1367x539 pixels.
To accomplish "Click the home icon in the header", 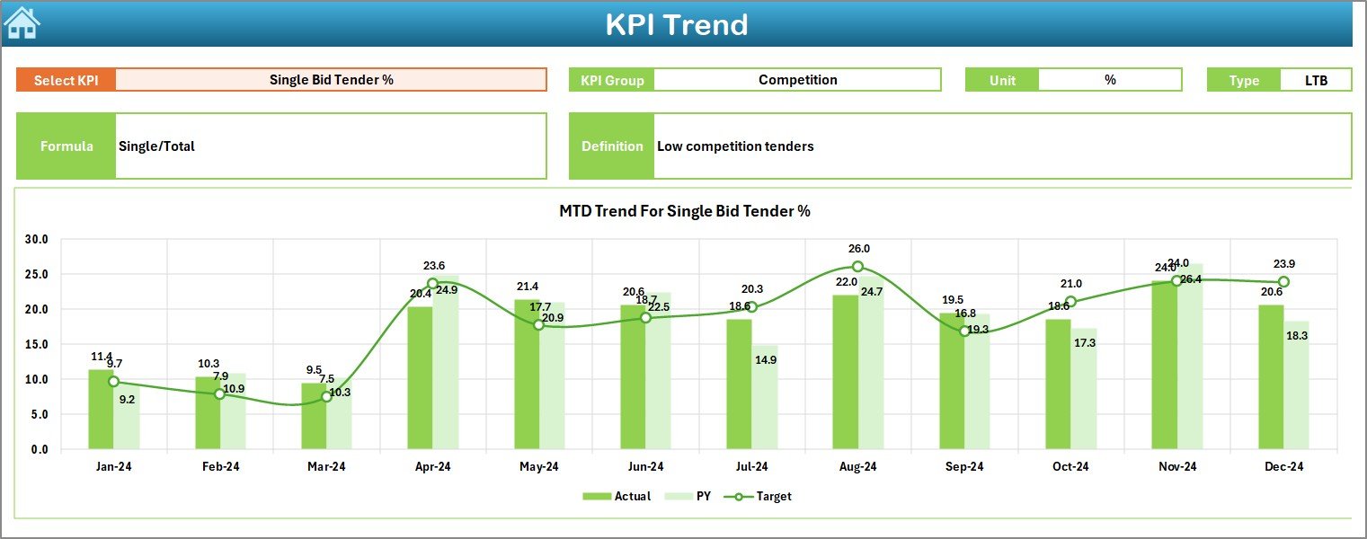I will [22, 22].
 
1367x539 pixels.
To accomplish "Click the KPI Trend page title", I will [676, 24].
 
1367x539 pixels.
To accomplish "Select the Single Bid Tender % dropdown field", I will [331, 80].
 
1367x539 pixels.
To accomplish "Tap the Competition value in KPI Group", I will [797, 80].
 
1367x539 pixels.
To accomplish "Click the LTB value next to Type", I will [1316, 80].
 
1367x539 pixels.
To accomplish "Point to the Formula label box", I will [67, 146].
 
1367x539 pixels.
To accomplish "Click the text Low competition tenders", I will [735, 146].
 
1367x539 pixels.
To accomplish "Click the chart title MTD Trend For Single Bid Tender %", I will [685, 211].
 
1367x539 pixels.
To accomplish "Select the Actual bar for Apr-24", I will [420, 377].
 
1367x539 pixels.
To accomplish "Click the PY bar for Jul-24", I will [765, 397].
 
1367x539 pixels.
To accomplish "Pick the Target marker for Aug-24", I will [857, 267].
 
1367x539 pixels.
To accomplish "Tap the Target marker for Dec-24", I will [1283, 282].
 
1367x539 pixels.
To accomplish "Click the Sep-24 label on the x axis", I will [964, 467].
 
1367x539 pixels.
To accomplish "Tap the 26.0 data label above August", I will [858, 249].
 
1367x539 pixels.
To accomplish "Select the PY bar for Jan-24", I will [127, 417].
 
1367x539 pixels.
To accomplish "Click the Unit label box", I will [1002, 80].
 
